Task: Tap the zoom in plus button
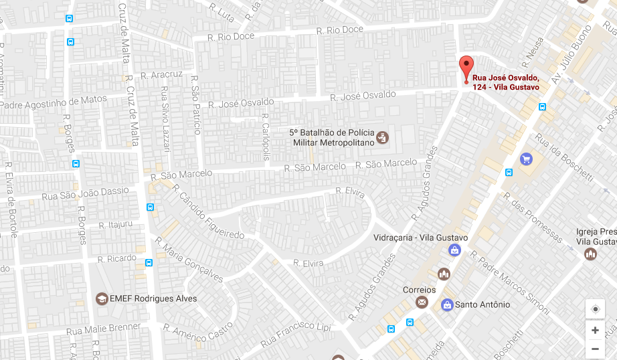click(595, 330)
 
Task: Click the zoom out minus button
click(595, 349)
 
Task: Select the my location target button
click(595, 309)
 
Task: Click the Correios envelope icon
click(422, 302)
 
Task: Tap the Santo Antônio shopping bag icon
click(446, 305)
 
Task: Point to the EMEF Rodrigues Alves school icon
click(102, 298)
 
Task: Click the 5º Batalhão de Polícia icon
click(382, 138)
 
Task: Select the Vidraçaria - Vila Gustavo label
click(421, 238)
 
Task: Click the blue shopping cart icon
click(526, 159)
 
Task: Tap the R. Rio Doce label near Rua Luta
click(232, 36)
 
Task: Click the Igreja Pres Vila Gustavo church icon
click(590, 254)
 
